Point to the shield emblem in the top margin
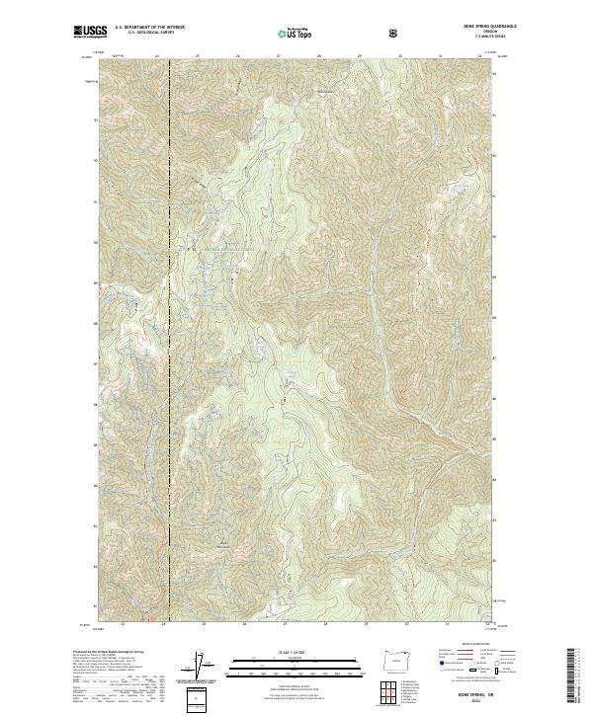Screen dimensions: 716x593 pos(395,33)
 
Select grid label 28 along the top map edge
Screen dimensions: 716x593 pos(319,56)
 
